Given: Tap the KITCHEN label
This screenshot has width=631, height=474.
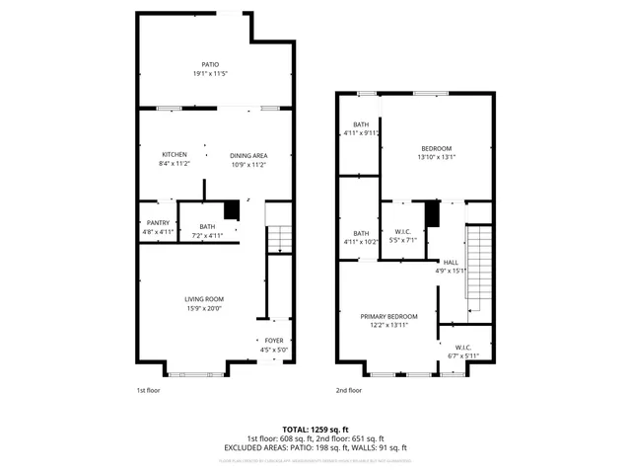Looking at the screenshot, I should click(175, 159).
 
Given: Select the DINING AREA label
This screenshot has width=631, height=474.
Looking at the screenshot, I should click(248, 159).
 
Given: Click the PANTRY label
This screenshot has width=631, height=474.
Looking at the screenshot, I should click(158, 227).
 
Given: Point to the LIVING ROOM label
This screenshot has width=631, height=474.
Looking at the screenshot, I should click(204, 303).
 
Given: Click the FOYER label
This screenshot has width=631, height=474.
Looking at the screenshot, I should click(273, 345).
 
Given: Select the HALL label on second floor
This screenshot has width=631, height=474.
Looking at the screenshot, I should click(451, 266).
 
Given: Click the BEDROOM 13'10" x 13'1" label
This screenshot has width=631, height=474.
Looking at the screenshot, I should click(436, 152).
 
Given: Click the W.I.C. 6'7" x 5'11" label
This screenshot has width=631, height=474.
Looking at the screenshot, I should click(463, 352).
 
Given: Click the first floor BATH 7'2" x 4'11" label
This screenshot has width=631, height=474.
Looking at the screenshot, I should click(207, 231).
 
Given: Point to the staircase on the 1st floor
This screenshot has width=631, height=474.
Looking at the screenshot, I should click(280, 238).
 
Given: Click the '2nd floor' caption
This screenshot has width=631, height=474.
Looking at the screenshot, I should click(348, 390).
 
